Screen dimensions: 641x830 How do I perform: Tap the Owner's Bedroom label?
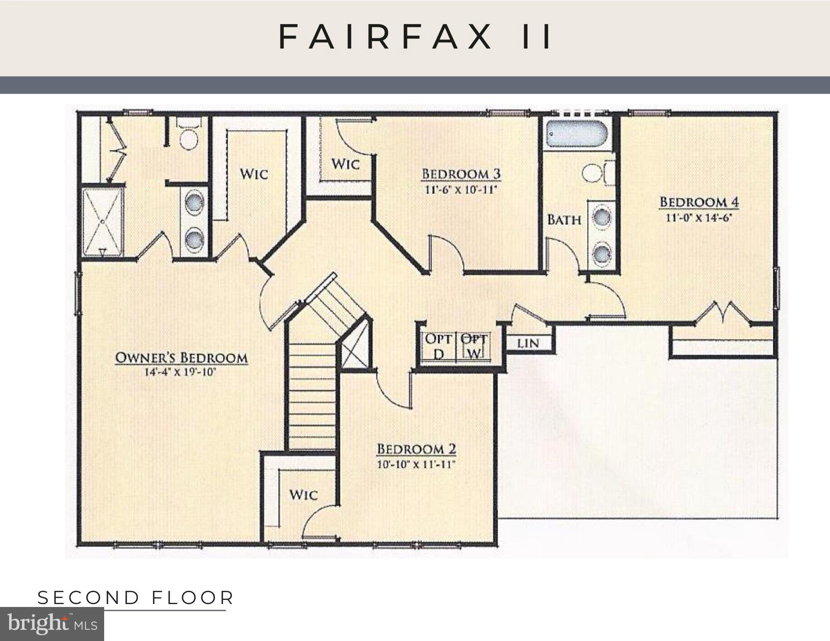(x=181, y=358)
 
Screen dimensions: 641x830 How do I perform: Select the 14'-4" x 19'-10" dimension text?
(x=181, y=372)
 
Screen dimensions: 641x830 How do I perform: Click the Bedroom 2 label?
(x=416, y=449)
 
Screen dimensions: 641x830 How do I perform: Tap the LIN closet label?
(x=528, y=344)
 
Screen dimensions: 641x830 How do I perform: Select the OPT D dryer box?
(x=438, y=347)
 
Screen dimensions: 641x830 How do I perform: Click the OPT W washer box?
(x=474, y=347)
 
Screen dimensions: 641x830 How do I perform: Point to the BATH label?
(x=564, y=219)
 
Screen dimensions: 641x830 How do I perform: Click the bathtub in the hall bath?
(x=576, y=133)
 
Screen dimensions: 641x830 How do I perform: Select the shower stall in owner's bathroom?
(x=102, y=222)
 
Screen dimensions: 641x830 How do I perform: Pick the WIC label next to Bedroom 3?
(x=345, y=164)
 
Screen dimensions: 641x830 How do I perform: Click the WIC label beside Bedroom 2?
(x=303, y=495)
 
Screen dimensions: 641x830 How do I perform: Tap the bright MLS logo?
(x=52, y=624)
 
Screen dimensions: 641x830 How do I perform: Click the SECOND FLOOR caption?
(x=136, y=598)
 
